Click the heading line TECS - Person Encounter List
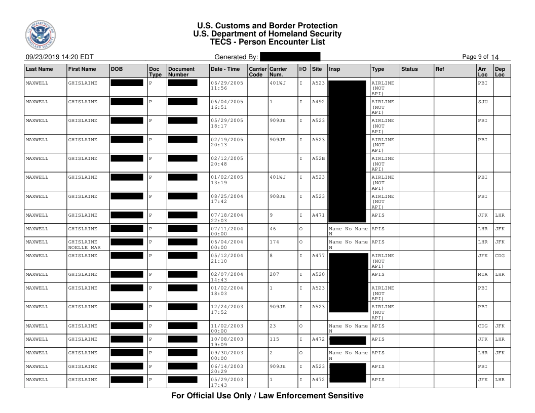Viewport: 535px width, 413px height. (x=267, y=42)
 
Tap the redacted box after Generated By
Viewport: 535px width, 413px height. (x=290, y=57)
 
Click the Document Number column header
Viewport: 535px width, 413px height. (x=181, y=71)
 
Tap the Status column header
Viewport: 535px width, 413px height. (x=409, y=68)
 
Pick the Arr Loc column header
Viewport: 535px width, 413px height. (x=483, y=71)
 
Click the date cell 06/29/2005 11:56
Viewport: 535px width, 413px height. (x=226, y=86)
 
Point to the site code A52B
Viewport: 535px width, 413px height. (x=318, y=158)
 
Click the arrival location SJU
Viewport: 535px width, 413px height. (x=483, y=102)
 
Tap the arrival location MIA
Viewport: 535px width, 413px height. (x=483, y=275)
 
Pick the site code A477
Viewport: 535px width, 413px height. (x=318, y=256)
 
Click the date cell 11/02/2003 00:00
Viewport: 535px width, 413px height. (x=226, y=328)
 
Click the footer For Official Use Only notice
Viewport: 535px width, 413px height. (x=267, y=395)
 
